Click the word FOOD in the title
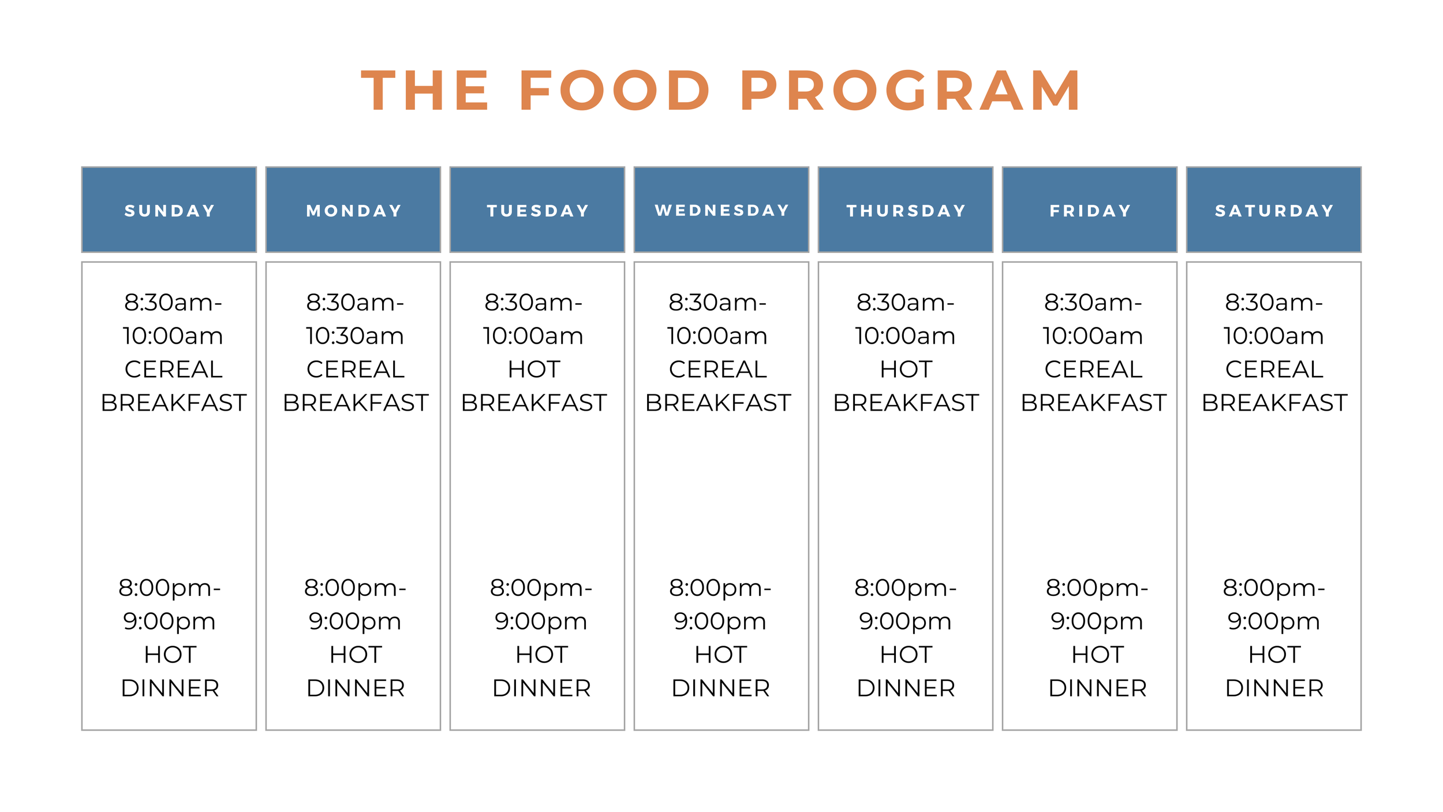click(x=614, y=91)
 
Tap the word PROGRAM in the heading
click(x=911, y=91)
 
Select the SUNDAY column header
click(x=170, y=211)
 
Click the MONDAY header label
click(x=354, y=211)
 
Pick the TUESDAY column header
click(x=538, y=211)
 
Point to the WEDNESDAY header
click(x=722, y=211)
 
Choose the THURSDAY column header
click(x=906, y=211)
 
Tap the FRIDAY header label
click(x=1090, y=211)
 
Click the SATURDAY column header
click(x=1274, y=211)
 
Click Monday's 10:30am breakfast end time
click(x=355, y=336)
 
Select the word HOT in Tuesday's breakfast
click(x=534, y=370)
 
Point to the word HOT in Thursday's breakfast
click(x=906, y=370)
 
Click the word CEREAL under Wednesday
click(x=718, y=370)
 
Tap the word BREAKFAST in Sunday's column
click(x=173, y=403)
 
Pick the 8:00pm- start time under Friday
click(x=1097, y=588)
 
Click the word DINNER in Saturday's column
click(x=1274, y=688)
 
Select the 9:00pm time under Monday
click(x=355, y=622)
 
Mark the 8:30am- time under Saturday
click(x=1274, y=303)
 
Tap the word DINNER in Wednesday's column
click(x=721, y=688)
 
